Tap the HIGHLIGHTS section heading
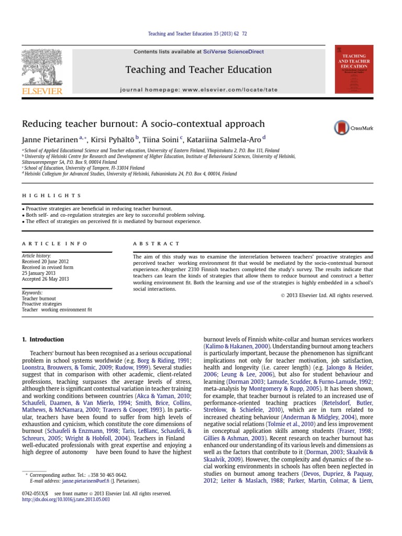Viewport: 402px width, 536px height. click(51, 195)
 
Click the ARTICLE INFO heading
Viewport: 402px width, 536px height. click(54, 243)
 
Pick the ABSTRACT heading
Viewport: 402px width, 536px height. click(156, 243)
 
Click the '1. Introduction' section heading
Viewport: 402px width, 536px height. click(43, 339)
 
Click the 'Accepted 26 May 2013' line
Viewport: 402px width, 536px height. click(46, 279)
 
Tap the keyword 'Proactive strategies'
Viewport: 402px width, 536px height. click(42, 304)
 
